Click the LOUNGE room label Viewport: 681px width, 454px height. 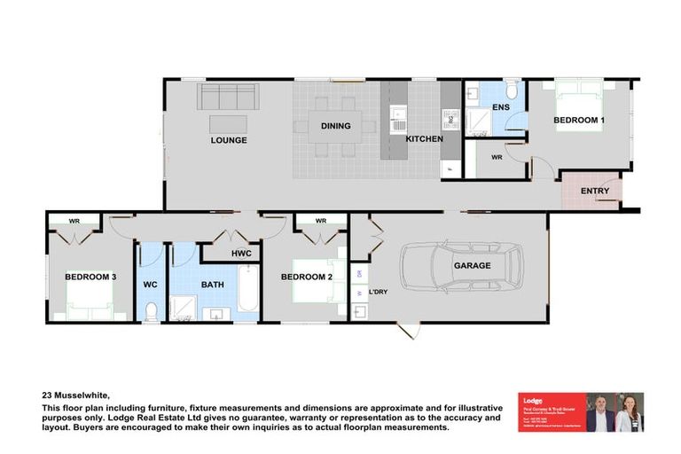pyautogui.click(x=229, y=140)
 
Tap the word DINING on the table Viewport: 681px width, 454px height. pyautogui.click(x=335, y=126)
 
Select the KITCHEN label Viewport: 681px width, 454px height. pyautogui.click(x=424, y=140)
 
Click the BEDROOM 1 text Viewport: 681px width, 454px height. pyautogui.click(x=579, y=119)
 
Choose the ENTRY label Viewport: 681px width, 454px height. pyautogui.click(x=594, y=192)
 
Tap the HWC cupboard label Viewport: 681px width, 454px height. pyautogui.click(x=241, y=254)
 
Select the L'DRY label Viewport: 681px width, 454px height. pyautogui.click(x=378, y=290)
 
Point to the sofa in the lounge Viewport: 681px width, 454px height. pyautogui.click(x=228, y=96)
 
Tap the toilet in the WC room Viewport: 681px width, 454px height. pyautogui.click(x=151, y=310)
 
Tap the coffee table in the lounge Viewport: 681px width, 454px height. pyautogui.click(x=228, y=124)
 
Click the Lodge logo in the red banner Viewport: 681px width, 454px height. pyautogui.click(x=533, y=401)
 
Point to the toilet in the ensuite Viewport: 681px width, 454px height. pyautogui.click(x=512, y=91)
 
